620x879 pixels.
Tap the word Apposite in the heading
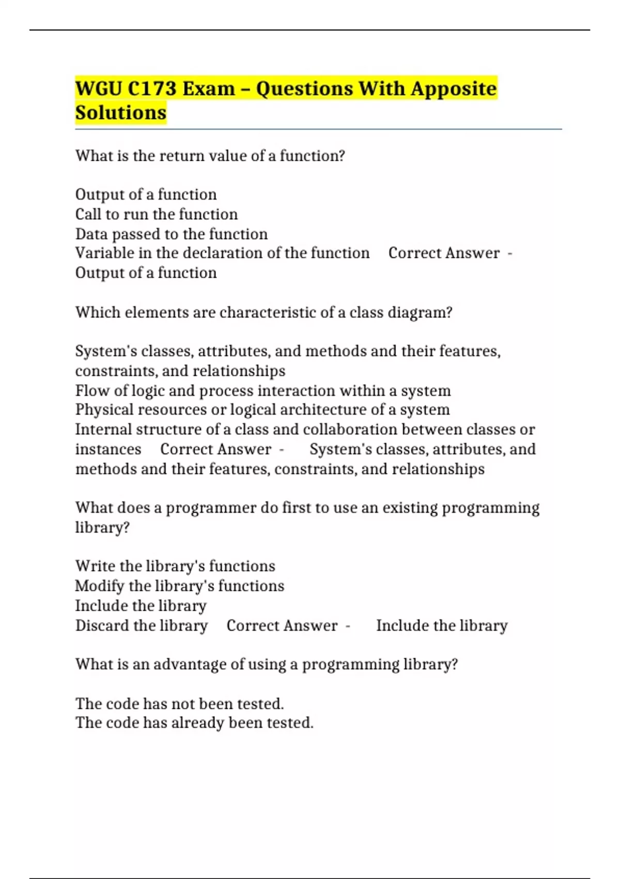pos(454,89)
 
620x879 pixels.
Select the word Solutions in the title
pos(121,113)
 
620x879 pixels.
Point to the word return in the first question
pos(179,156)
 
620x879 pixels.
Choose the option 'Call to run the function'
pos(157,214)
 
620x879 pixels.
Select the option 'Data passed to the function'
pos(172,234)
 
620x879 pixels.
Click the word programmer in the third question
pos(210,508)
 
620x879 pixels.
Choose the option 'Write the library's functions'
pos(175,566)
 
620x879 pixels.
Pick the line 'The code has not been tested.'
pos(180,704)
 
